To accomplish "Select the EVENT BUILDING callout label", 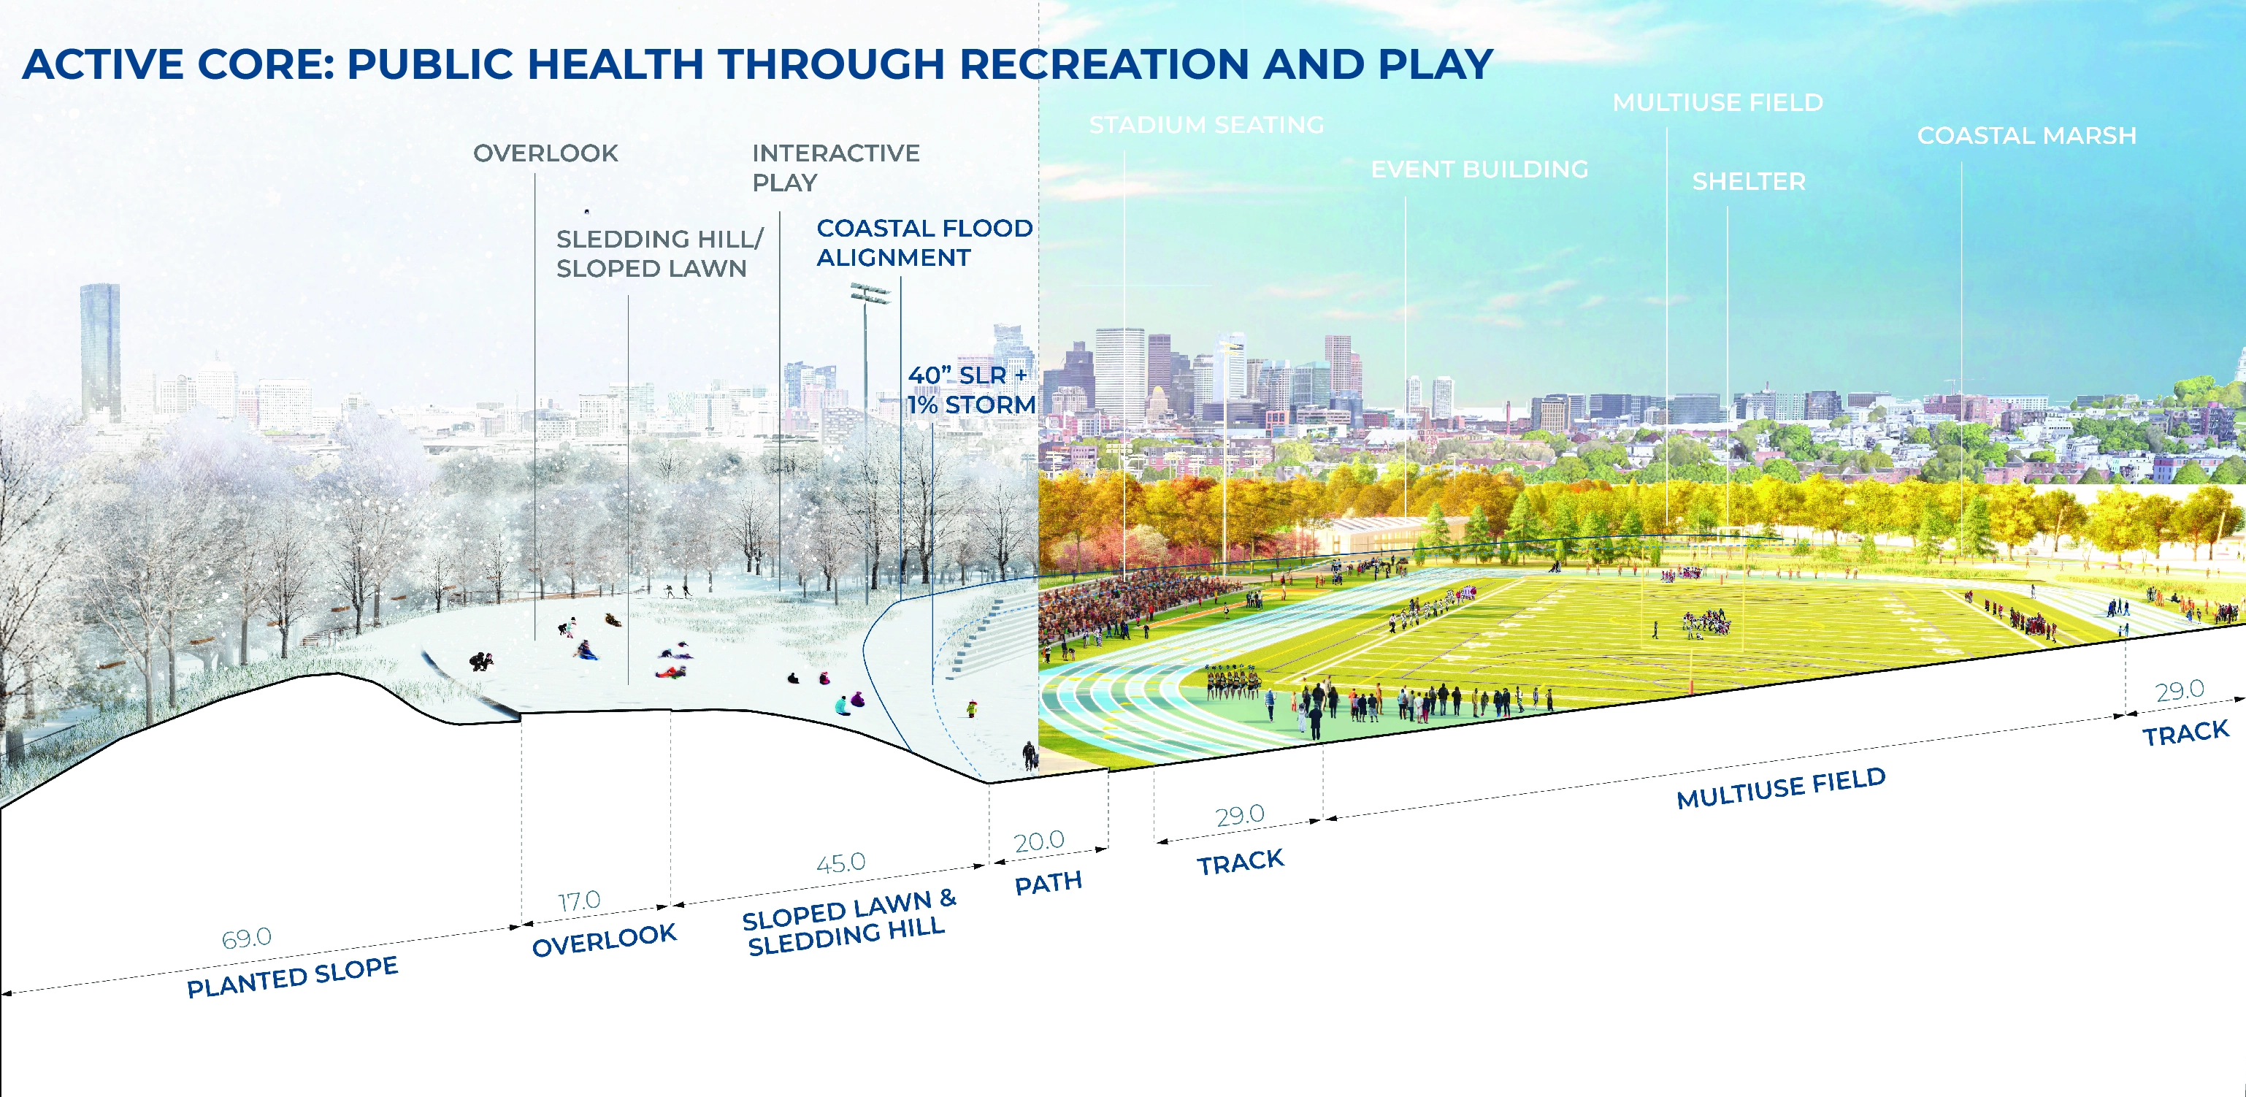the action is [1479, 169].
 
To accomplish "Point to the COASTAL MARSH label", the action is [2027, 136].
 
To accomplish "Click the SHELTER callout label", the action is [1749, 181].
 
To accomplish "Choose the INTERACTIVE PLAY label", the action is [835, 167].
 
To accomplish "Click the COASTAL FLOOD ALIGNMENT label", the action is [924, 242].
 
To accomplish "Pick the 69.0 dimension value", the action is [247, 939].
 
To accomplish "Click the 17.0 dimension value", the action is [580, 901].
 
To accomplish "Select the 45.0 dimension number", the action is [841, 863].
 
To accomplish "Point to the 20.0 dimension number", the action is [1039, 841].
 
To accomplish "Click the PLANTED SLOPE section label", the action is [293, 976].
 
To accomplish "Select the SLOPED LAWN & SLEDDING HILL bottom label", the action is [848, 922].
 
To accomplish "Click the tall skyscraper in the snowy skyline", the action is [100, 351].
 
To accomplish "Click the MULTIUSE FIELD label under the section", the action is [1782, 788].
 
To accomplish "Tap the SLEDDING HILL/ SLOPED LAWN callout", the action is [660, 253].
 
